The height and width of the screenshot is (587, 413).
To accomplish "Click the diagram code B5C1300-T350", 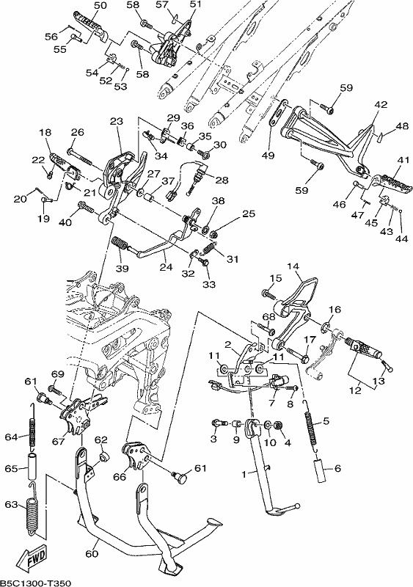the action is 35,583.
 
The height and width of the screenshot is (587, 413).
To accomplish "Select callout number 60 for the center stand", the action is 92,553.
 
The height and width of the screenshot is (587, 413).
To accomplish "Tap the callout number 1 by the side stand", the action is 244,474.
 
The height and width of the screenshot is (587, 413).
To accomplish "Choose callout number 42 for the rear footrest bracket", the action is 381,104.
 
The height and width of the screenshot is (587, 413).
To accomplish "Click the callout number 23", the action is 117,121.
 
